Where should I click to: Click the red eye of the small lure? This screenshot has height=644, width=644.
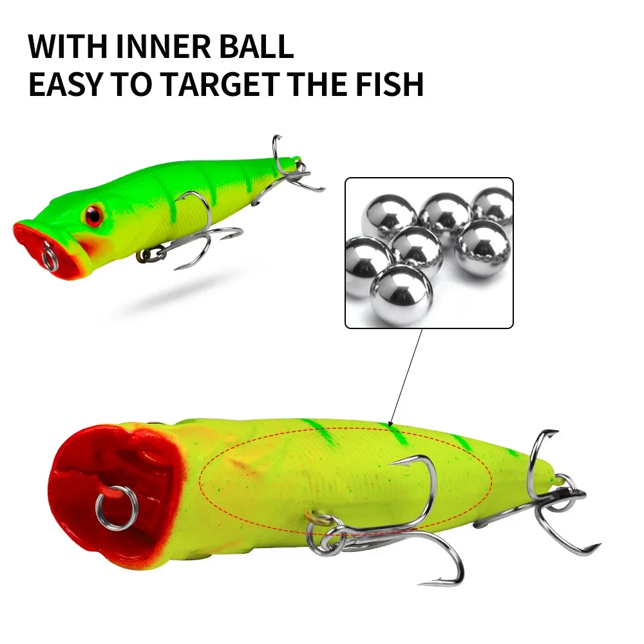coord(94,215)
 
